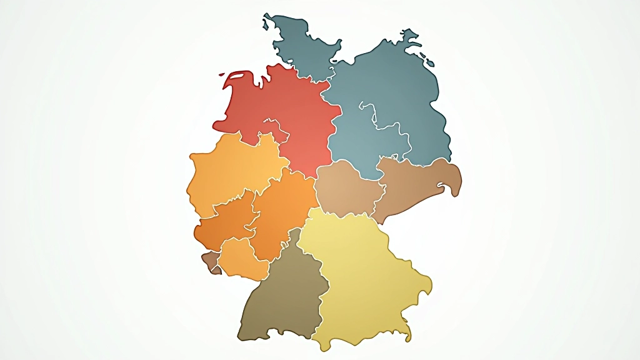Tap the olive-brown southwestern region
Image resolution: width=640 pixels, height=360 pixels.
click(281, 294)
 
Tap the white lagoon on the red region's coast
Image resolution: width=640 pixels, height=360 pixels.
click(237, 77)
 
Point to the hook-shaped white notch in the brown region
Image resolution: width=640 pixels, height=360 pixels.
click(446, 186)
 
